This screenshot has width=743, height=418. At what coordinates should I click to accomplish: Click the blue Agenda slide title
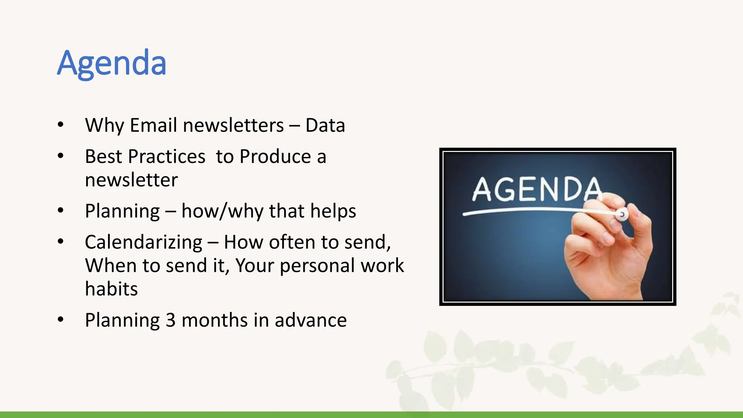point(112,63)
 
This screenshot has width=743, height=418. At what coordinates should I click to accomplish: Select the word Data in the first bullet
point(325,126)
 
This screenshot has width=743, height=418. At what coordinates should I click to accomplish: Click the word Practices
point(167,157)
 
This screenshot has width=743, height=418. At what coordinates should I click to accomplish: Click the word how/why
point(222,211)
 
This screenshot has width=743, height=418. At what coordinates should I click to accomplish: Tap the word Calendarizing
point(144,242)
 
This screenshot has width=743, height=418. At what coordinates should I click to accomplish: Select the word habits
point(111,289)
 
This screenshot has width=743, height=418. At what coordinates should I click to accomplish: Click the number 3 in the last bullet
point(171,320)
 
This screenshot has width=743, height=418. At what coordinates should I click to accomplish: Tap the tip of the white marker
point(622,214)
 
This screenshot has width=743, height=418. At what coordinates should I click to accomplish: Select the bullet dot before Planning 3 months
point(61,320)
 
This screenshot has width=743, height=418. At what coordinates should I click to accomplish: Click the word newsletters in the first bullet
point(233,126)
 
